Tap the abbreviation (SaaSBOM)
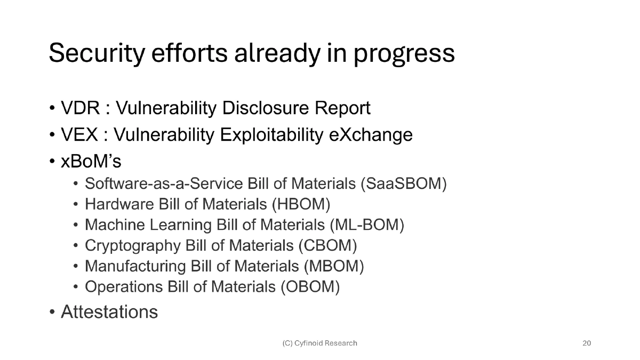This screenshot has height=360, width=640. pyautogui.click(x=403, y=184)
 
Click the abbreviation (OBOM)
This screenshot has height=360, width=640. pyautogui.click(x=310, y=286)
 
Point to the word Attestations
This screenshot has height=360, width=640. pyautogui.click(x=109, y=311)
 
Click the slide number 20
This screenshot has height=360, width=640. pyautogui.click(x=586, y=343)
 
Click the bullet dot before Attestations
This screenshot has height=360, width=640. pyautogui.click(x=52, y=313)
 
